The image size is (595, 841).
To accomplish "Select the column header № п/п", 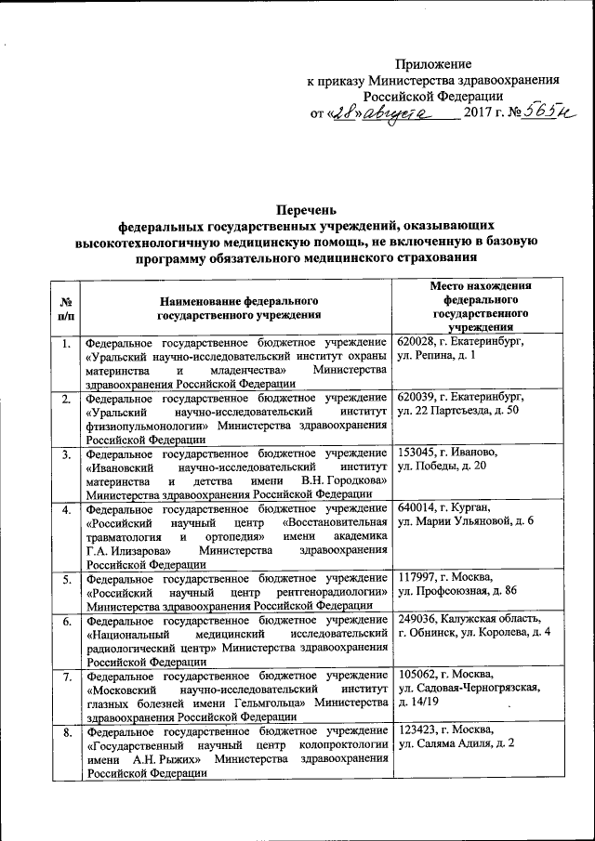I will click(x=66, y=309).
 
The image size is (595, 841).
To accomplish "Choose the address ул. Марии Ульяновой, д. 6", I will click(x=465, y=522).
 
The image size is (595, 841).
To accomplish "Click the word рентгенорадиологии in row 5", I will click(x=333, y=592).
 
